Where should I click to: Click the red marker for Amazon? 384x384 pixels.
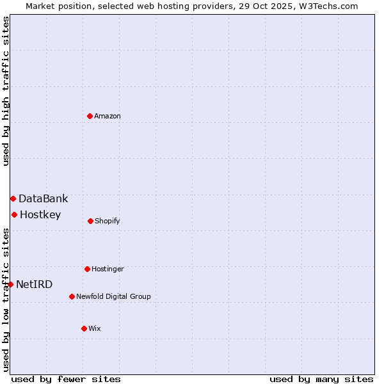pyautogui.click(x=90, y=116)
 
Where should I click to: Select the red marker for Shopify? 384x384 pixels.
pyautogui.click(x=90, y=221)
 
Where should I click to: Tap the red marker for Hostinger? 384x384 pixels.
pyautogui.click(x=87, y=269)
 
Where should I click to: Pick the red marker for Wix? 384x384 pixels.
pyautogui.click(x=84, y=328)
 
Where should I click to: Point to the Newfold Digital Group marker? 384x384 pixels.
pyautogui.click(x=72, y=296)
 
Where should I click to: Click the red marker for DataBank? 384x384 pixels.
pyautogui.click(x=13, y=198)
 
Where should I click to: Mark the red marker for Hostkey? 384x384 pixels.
pyautogui.click(x=14, y=214)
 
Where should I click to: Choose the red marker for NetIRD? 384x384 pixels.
pyautogui.click(x=10, y=284)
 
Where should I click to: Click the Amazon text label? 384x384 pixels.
pyautogui.click(x=108, y=116)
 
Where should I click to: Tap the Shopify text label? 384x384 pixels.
pyautogui.click(x=108, y=221)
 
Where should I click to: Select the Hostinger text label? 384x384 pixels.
pyautogui.click(x=108, y=269)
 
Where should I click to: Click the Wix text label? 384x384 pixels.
pyautogui.click(x=95, y=328)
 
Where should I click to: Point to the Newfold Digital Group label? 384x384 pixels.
pyautogui.click(x=114, y=296)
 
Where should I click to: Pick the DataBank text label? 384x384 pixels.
pyautogui.click(x=43, y=198)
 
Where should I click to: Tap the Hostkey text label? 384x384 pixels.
pyautogui.click(x=40, y=214)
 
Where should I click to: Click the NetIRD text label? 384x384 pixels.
pyautogui.click(x=35, y=284)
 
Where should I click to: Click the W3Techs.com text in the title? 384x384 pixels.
pyautogui.click(x=326, y=6)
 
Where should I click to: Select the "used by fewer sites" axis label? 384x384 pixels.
pyautogui.click(x=66, y=379)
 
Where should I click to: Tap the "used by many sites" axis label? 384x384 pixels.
pyautogui.click(x=321, y=379)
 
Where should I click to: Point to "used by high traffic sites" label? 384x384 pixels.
pyautogui.click(x=6, y=91)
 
